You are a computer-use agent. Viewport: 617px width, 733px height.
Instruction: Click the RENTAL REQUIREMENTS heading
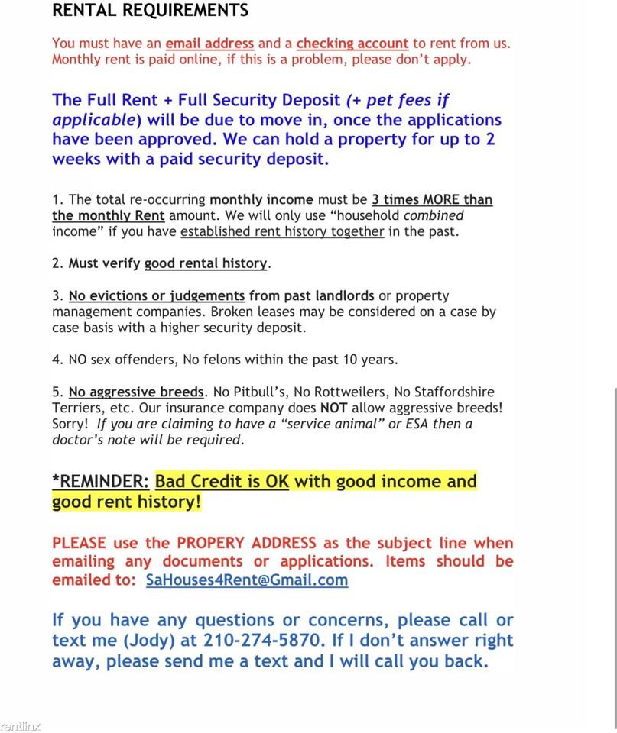[x=150, y=11]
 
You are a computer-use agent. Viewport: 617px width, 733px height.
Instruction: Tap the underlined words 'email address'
[x=209, y=44]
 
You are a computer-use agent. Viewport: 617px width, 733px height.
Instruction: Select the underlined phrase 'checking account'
[x=352, y=44]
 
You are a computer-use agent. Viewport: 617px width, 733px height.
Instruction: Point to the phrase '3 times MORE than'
[x=432, y=200]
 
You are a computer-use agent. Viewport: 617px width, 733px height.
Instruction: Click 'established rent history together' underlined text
[x=282, y=231]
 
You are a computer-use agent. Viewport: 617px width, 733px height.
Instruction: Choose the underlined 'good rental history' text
[x=206, y=263]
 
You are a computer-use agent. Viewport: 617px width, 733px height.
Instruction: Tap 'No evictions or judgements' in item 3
[x=157, y=295]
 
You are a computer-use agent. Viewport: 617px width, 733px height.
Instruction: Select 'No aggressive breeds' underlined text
[x=136, y=392]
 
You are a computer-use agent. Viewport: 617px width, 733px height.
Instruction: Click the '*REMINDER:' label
[x=100, y=482]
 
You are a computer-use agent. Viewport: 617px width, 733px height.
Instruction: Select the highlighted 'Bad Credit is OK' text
[x=222, y=482]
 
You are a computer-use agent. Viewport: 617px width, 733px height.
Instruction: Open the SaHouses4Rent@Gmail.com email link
[x=246, y=580]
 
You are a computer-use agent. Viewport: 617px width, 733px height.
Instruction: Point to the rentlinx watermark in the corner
[x=21, y=725]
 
